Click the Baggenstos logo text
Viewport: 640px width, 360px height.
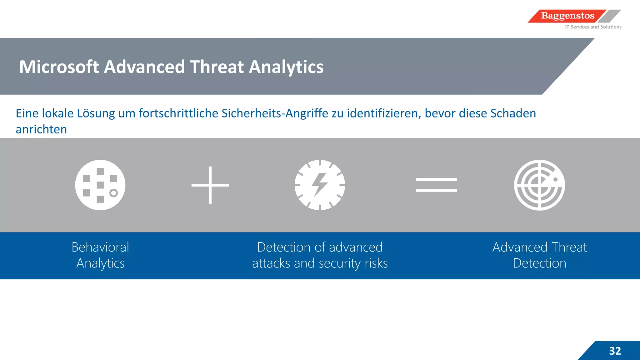pos(567,16)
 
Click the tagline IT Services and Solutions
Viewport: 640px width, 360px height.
pos(593,27)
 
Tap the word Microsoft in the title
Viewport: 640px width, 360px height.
pos(59,67)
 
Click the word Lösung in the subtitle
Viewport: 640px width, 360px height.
pos(96,113)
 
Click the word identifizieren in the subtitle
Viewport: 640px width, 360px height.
pos(383,113)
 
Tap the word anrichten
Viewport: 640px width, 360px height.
pos(41,129)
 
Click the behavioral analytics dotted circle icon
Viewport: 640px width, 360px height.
pos(100,185)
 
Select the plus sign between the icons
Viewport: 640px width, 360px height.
pos(210,185)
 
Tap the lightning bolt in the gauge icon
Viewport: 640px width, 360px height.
pos(319,184)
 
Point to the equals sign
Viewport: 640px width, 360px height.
pos(436,185)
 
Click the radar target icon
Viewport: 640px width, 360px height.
pos(539,185)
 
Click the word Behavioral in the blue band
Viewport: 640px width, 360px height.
pos(100,247)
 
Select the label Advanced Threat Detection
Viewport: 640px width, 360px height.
pos(539,255)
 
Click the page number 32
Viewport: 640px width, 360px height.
pos(615,351)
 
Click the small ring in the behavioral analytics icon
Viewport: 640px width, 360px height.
pos(113,193)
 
